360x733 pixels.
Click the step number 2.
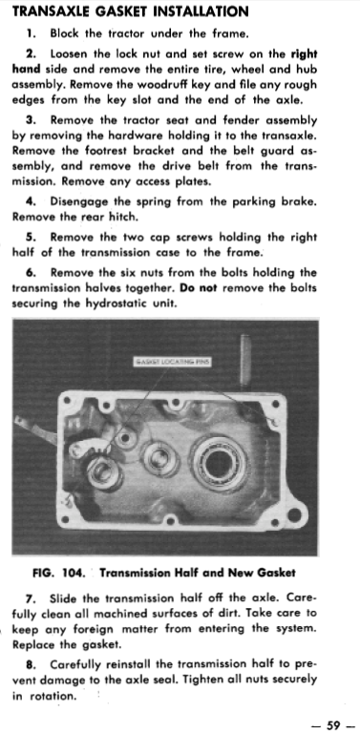click(31, 53)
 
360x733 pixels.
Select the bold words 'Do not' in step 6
click(199, 287)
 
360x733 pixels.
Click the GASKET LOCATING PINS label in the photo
click(173, 362)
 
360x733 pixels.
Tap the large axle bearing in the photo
click(220, 464)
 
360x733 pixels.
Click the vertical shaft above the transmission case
click(245, 363)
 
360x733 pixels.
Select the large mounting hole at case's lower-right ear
click(294, 515)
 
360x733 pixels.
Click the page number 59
click(333, 725)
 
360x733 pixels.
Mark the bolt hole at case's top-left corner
click(68, 400)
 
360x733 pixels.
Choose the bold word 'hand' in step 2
click(26, 69)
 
